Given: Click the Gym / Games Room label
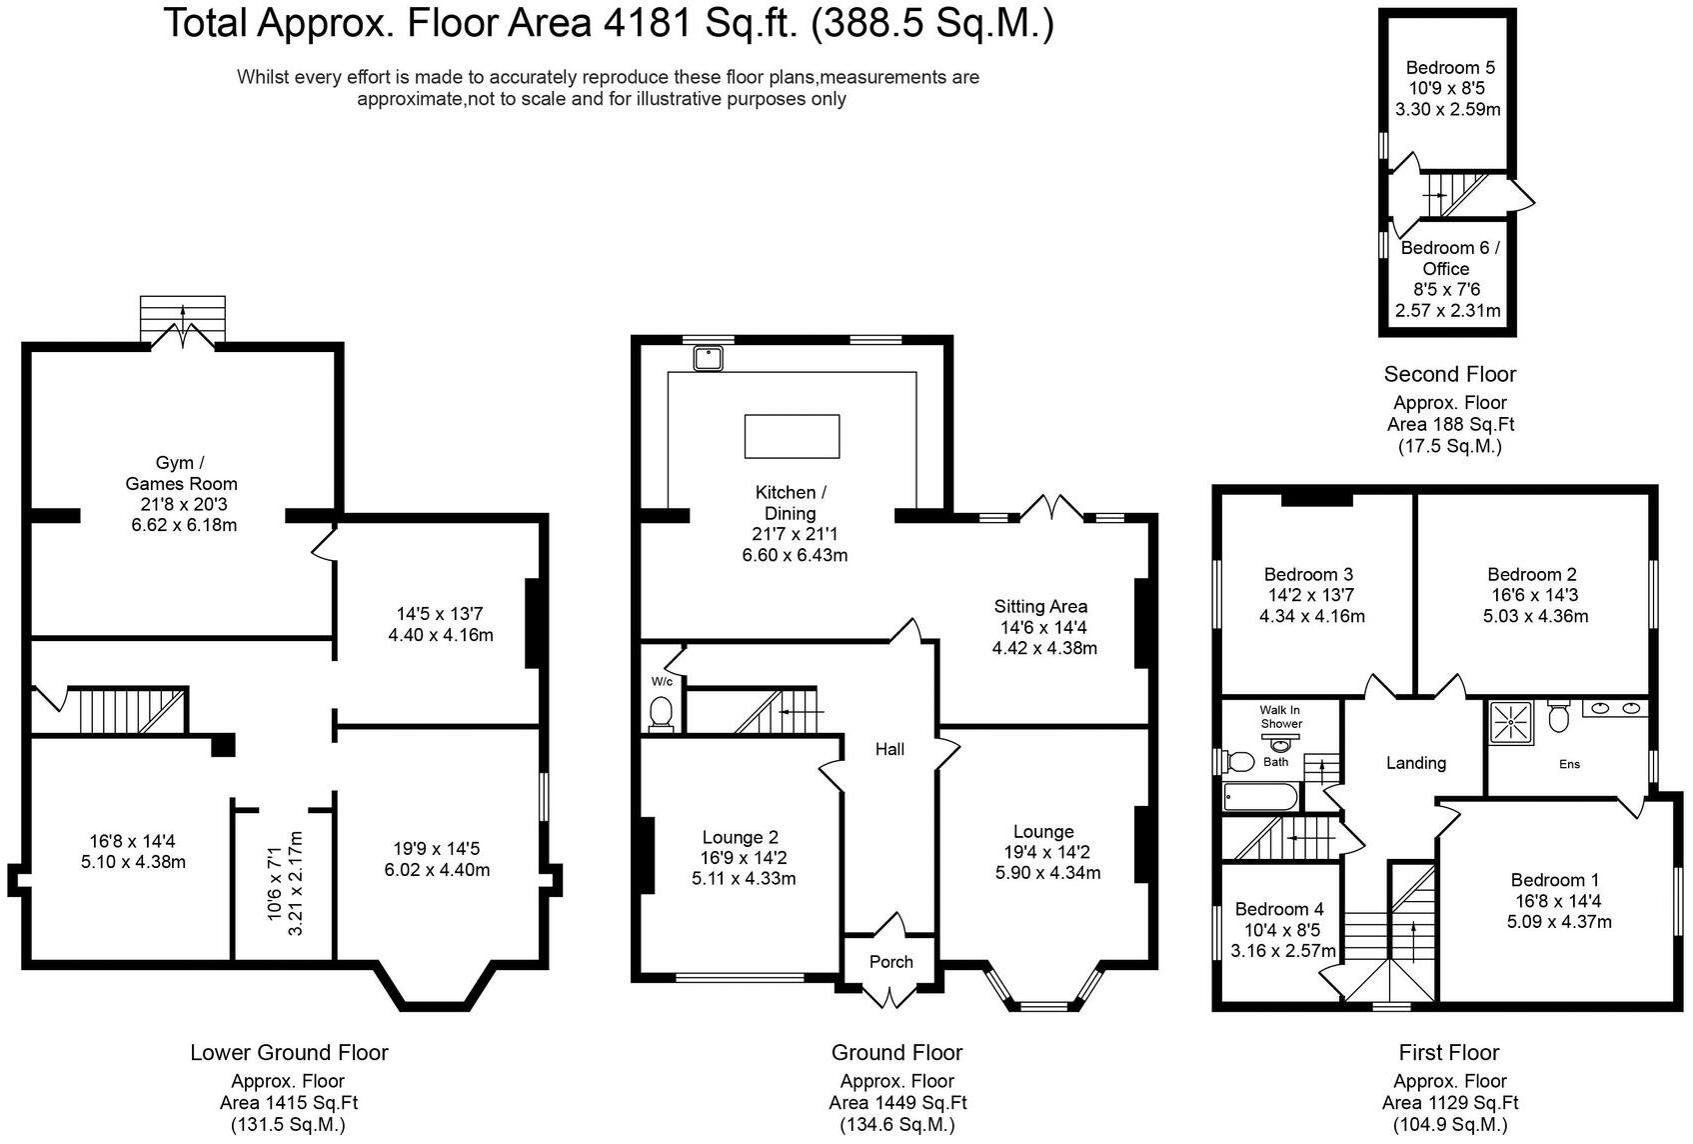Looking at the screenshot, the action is pyautogui.click(x=181, y=473).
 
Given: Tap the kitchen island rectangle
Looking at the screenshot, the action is pyautogui.click(x=792, y=436).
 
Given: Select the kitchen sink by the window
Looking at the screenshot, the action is pyautogui.click(x=708, y=358).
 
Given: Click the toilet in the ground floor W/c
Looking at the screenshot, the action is pyautogui.click(x=661, y=714).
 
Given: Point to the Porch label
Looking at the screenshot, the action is pyautogui.click(x=890, y=962).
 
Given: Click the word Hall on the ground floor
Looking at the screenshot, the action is pyautogui.click(x=889, y=749).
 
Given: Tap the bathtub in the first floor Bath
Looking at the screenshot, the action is pyautogui.click(x=1260, y=797).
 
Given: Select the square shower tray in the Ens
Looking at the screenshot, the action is pyautogui.click(x=1511, y=722).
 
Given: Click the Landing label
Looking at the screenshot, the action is pyautogui.click(x=1415, y=763).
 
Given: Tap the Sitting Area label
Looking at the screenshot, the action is pyautogui.click(x=1040, y=606).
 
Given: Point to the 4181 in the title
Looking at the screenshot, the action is pyautogui.click(x=647, y=23).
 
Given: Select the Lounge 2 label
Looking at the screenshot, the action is pyautogui.click(x=740, y=837).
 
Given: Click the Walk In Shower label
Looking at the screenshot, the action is pyautogui.click(x=1280, y=717).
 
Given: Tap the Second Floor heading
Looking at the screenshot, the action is pyautogui.click(x=1449, y=374).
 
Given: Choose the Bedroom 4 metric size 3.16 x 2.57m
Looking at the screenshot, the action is pyautogui.click(x=1282, y=950).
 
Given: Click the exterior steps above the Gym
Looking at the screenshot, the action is pyautogui.click(x=183, y=318).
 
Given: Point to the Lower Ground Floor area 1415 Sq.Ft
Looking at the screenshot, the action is pyautogui.click(x=288, y=1102).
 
